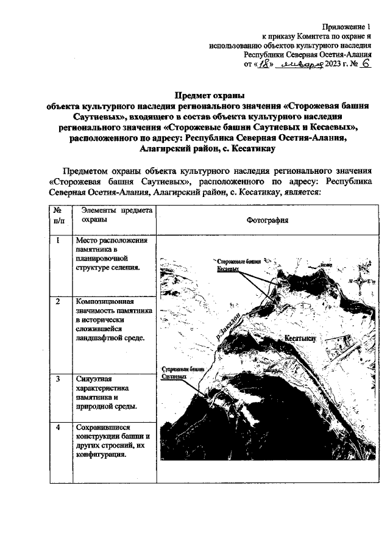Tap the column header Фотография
pyautogui.click(x=268, y=220)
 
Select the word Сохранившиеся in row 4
pyautogui.click(x=100, y=427)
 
